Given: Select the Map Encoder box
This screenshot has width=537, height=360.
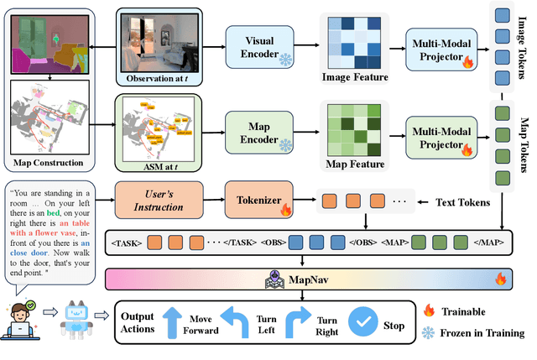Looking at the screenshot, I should point(258,127).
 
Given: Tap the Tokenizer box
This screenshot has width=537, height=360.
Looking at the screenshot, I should point(256,201).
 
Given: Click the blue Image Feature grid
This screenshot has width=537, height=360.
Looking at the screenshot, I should point(352,41).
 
